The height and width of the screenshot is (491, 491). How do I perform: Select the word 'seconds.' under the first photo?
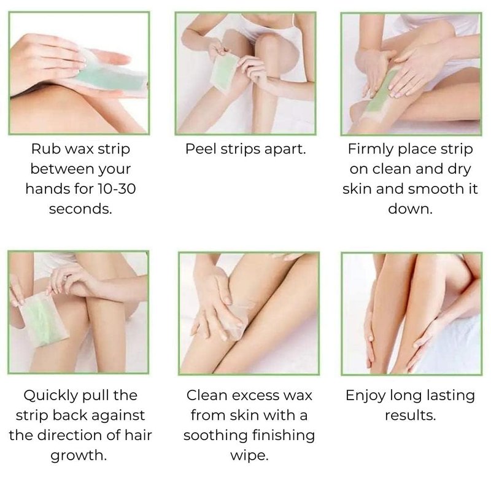tap(80, 209)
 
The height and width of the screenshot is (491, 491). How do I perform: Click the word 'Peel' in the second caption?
tap(201, 149)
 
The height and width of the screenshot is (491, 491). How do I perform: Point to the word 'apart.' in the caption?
tap(285, 150)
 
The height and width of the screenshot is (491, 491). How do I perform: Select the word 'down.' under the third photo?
tap(410, 209)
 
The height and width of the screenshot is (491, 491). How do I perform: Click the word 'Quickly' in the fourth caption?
tap(51, 396)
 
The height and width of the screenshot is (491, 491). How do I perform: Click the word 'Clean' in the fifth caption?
tap(207, 395)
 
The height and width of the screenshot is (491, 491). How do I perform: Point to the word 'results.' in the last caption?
tap(410, 416)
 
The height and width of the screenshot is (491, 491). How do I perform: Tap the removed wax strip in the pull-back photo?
tap(44, 319)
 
